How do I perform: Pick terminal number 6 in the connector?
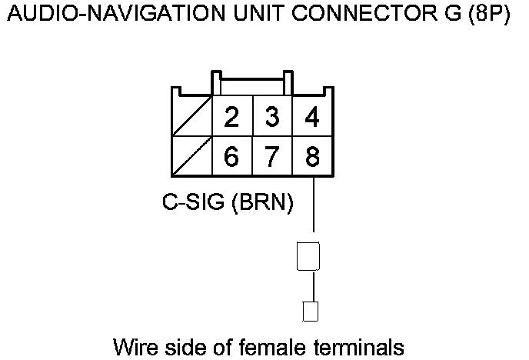point(231,157)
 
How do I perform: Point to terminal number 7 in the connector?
point(271,157)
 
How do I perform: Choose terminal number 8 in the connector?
point(312,157)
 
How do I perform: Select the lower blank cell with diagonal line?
point(191,157)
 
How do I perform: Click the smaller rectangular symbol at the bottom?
point(311,312)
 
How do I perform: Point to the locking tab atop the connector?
point(252,80)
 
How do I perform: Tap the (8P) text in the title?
point(487,16)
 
